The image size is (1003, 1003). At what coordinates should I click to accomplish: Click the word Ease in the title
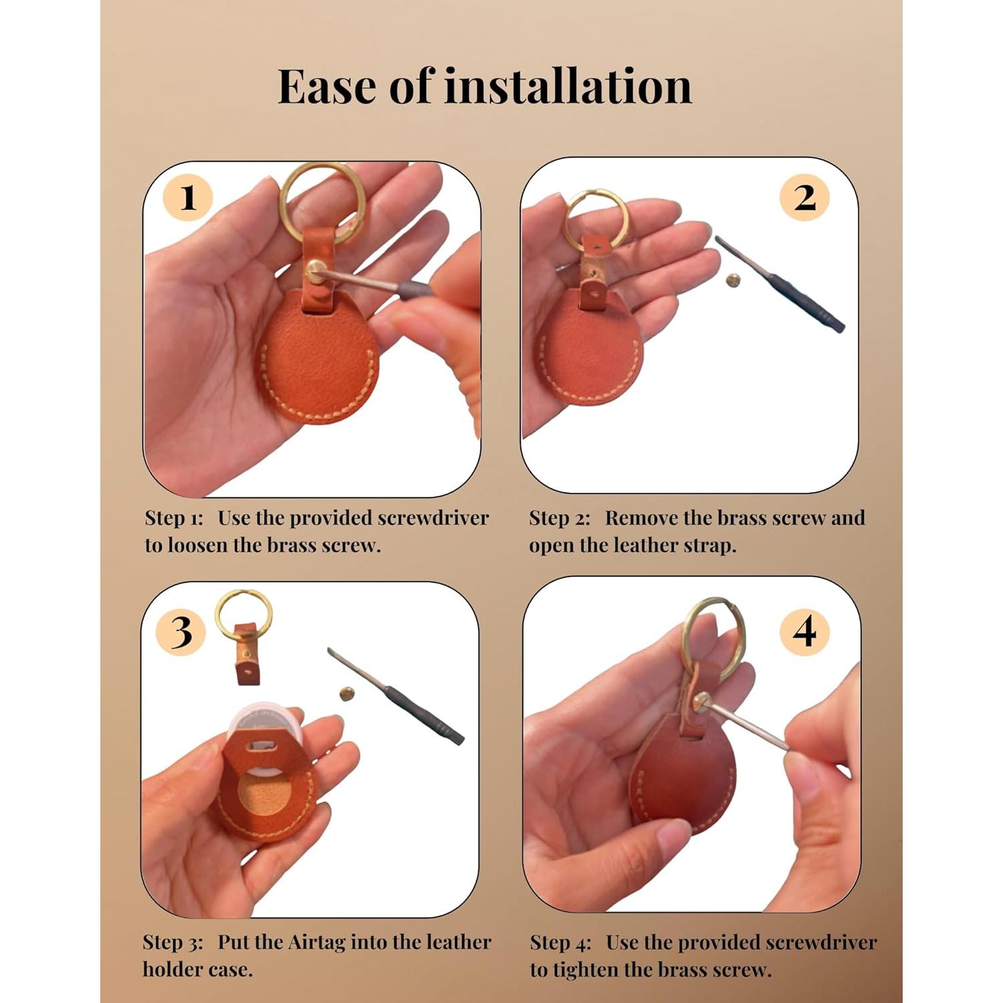[x=328, y=87]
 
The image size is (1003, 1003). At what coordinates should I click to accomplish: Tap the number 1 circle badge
[x=188, y=198]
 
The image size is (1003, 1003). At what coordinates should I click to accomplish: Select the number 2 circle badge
[x=805, y=198]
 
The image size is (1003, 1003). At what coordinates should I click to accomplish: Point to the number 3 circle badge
[x=181, y=631]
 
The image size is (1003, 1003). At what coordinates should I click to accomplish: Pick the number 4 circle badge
[x=805, y=631]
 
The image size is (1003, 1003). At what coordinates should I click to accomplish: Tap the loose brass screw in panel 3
[x=347, y=694]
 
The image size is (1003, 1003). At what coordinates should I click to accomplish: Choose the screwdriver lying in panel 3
[x=395, y=695]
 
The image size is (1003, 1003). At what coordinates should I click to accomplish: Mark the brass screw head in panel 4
[x=701, y=703]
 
